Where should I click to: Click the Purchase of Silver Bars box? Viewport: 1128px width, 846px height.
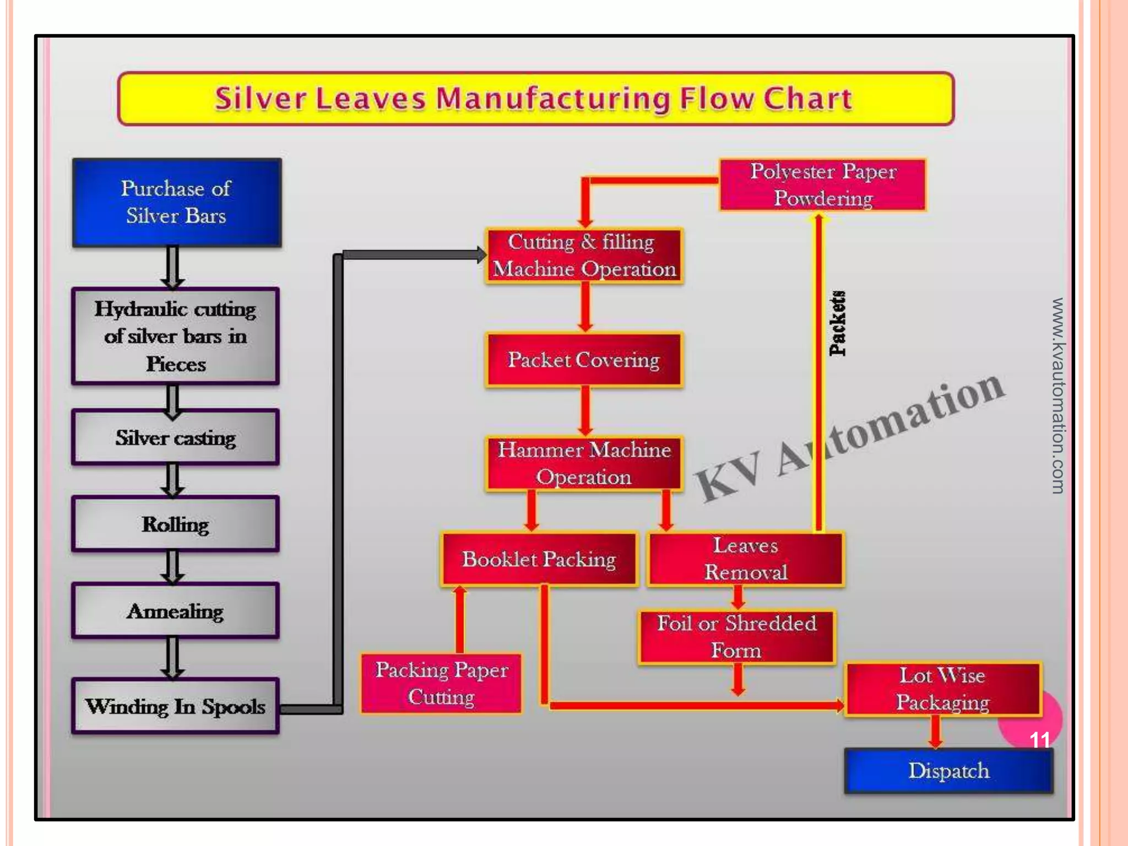[176, 202]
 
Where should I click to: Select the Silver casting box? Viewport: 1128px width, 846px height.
[175, 438]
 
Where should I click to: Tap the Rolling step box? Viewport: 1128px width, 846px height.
[175, 524]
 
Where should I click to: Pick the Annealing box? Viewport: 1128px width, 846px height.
[175, 611]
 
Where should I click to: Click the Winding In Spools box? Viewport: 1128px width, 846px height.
[175, 706]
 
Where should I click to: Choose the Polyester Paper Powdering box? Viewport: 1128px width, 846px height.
[823, 185]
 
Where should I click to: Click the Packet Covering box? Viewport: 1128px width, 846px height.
[584, 360]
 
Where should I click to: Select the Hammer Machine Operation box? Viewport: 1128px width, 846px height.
[584, 463]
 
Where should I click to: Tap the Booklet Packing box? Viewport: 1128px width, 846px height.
[539, 559]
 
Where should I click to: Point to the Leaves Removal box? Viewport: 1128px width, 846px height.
[745, 559]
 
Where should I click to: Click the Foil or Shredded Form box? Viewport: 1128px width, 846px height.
[736, 637]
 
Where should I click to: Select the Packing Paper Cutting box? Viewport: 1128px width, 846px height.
[441, 684]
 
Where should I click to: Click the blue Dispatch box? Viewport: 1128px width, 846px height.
[948, 771]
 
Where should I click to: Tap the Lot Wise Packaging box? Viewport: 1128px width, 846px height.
[942, 689]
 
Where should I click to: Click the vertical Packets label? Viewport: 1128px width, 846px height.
[837, 323]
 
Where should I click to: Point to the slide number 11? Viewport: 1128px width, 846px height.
[1040, 740]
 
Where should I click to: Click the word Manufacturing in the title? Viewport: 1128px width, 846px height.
[553, 99]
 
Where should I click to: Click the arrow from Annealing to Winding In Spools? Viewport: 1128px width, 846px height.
[172, 658]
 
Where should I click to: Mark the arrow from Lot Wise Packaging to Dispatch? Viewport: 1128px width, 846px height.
[935, 732]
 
